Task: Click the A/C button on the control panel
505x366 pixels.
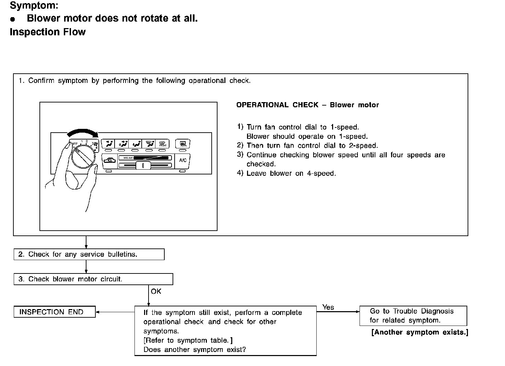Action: tap(183, 160)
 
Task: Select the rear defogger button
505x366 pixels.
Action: tap(183, 144)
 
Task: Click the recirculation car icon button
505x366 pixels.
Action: tap(109, 160)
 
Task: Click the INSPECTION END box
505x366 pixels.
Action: tap(55, 312)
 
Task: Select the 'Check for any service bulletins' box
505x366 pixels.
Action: tap(89, 254)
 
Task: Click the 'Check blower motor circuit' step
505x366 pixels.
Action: tap(93, 279)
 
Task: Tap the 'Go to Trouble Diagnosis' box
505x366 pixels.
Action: tap(413, 316)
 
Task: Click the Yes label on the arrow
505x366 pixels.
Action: tap(328, 307)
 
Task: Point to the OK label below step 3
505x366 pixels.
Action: tap(156, 291)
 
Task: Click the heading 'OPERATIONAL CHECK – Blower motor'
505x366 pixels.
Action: tap(307, 105)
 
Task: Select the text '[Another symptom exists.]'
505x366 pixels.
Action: tap(420, 332)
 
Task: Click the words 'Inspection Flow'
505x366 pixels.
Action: tap(48, 32)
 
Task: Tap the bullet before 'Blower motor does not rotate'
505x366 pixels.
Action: tap(13, 19)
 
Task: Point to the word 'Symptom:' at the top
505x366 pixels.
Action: tap(34, 5)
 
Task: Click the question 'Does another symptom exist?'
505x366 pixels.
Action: tap(195, 350)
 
